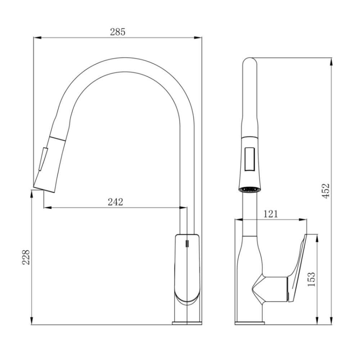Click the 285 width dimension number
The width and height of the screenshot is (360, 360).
click(118, 32)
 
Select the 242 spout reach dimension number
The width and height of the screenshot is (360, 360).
click(116, 202)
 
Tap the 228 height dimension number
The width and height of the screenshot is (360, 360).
click(26, 257)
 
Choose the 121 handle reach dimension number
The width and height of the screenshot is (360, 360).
click(271, 214)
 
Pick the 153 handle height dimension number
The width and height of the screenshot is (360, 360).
click(311, 279)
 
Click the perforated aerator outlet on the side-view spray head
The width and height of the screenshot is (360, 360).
click(250, 190)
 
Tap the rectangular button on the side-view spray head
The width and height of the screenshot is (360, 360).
click(249, 159)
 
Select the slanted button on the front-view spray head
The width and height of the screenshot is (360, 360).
click(43, 159)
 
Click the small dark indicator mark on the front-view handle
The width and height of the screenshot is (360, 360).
click(187, 243)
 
